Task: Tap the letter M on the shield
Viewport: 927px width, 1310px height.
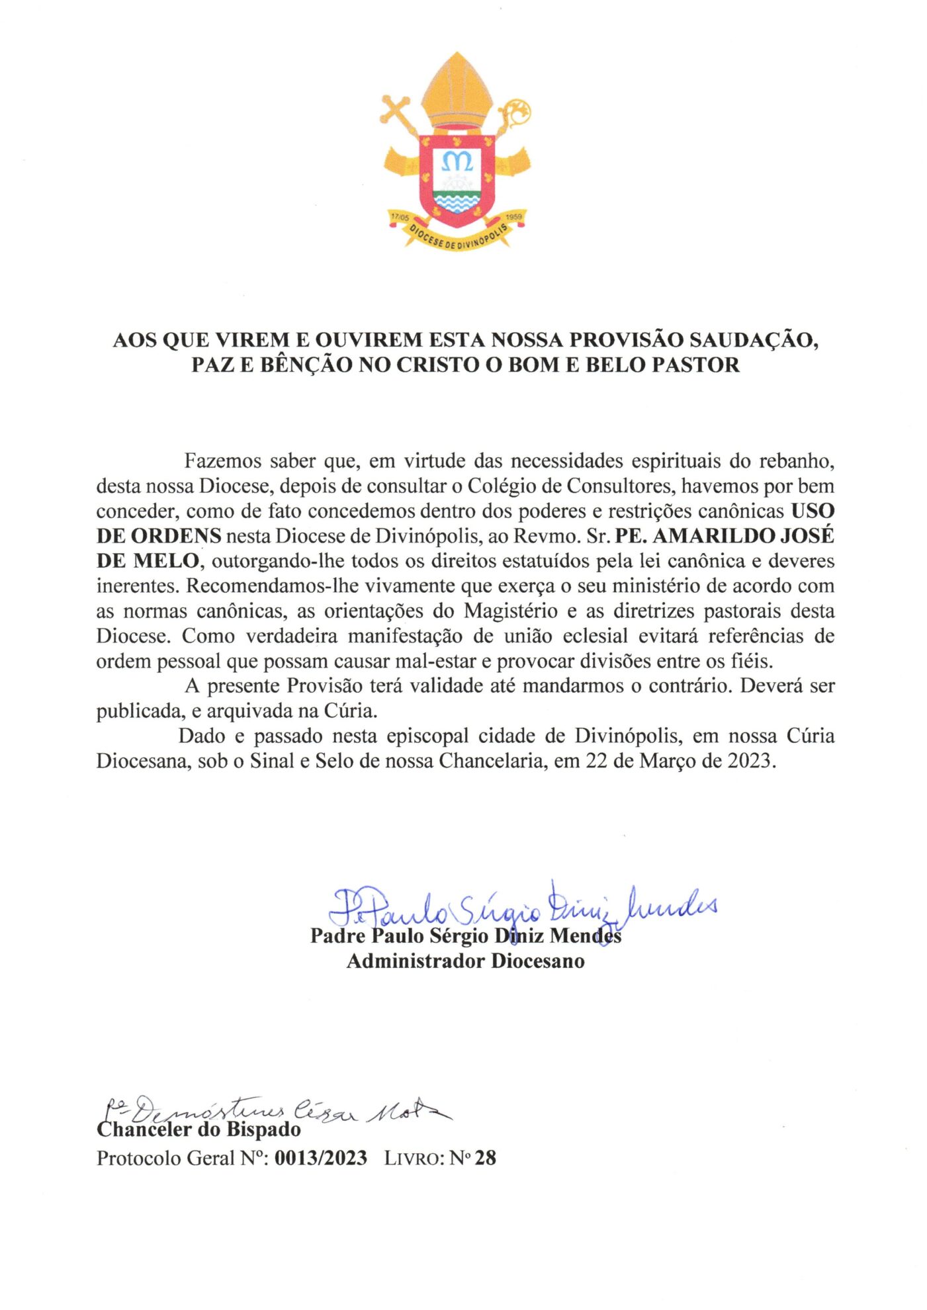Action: pyautogui.click(x=457, y=160)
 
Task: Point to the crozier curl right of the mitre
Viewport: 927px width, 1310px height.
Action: pyautogui.click(x=516, y=112)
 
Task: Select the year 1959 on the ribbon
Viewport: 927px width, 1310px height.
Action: pyautogui.click(x=513, y=217)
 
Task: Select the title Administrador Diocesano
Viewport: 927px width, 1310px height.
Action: pyautogui.click(x=465, y=961)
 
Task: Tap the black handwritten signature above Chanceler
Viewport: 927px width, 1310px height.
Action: pyautogui.click(x=271, y=1112)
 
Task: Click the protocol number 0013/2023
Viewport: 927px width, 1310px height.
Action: pyautogui.click(x=321, y=1158)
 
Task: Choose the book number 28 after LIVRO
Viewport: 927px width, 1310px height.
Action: pyautogui.click(x=486, y=1158)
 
